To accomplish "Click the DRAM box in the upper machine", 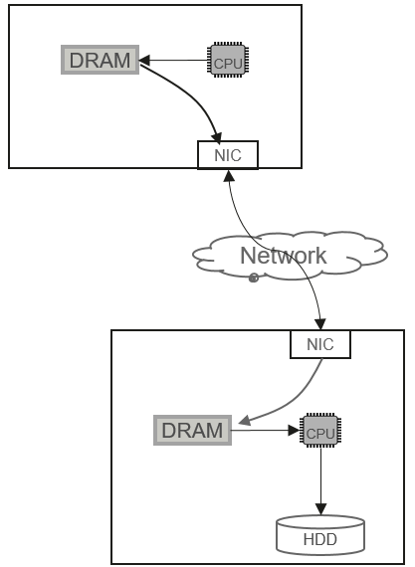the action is [x=100, y=60].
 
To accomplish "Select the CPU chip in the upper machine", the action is [x=228, y=60].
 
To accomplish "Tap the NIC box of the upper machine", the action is [x=228, y=155].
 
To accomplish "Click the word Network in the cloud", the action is [x=284, y=256].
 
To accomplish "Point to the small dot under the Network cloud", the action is [x=254, y=278].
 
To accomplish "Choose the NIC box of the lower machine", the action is [x=320, y=344].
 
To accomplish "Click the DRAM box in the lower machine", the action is [x=192, y=430].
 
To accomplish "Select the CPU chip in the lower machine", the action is [x=320, y=431].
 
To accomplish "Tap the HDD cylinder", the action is [x=320, y=535].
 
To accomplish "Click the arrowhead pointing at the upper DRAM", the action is [x=144, y=60].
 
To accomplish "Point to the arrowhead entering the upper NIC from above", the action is [x=217, y=138].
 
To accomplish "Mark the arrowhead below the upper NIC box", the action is [x=229, y=175].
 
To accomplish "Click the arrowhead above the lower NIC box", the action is [x=320, y=324].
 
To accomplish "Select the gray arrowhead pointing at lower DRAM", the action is [x=245, y=420].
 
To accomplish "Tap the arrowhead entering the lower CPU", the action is [x=294, y=431].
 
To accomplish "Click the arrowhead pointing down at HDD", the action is [x=320, y=509].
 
